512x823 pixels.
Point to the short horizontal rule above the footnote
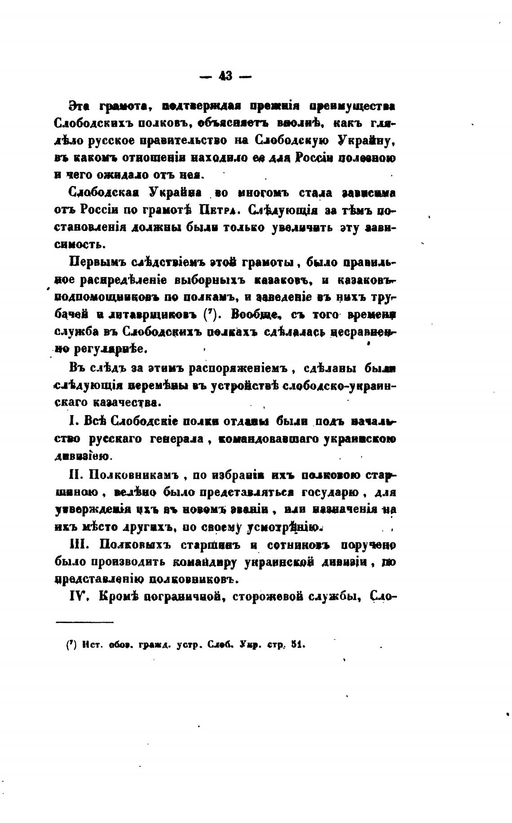[x=85, y=622]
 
